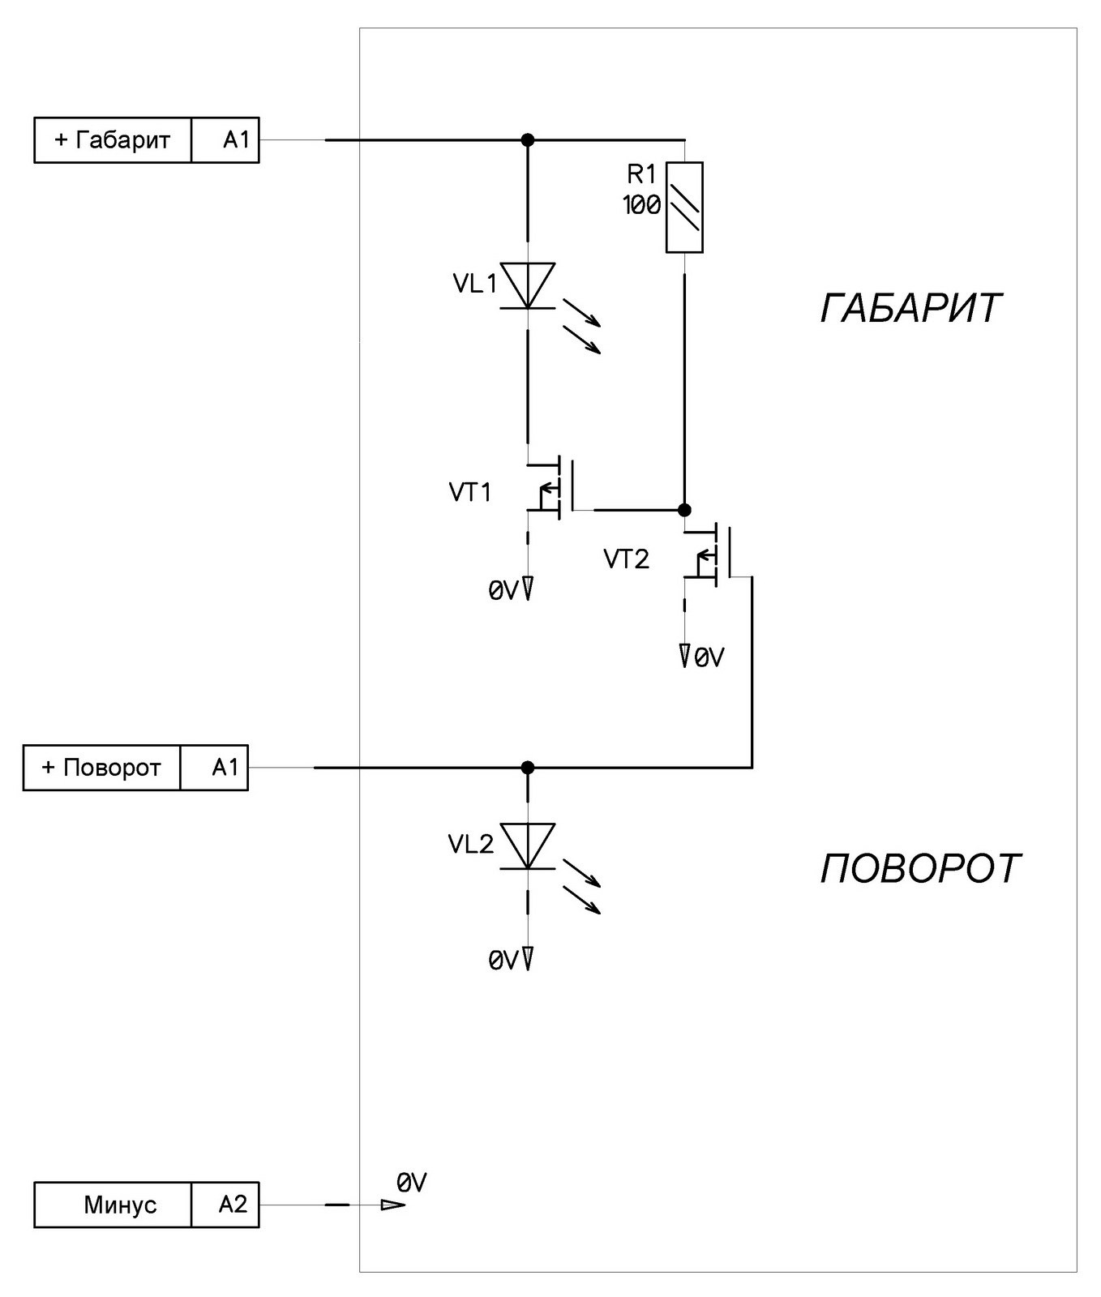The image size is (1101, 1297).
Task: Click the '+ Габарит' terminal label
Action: [113, 140]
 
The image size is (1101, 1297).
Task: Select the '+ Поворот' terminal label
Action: [101, 768]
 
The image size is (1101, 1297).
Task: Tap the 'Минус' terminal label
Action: [120, 1205]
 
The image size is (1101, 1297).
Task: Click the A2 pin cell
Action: [233, 1205]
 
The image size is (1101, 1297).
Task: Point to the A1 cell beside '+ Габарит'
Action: [237, 140]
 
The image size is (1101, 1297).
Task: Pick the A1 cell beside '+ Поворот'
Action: [225, 768]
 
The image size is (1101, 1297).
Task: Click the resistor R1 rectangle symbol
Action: [684, 208]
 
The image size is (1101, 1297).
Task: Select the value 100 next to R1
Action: [641, 206]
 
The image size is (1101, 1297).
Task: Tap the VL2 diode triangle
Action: [528, 845]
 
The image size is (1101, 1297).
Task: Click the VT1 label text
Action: [470, 492]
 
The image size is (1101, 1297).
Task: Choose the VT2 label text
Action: [626, 559]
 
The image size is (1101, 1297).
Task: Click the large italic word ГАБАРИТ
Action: [911, 308]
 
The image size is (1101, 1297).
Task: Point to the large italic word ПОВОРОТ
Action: [920, 869]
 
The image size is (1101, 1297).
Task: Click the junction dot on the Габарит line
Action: [528, 140]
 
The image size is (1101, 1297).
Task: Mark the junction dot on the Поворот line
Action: [528, 767]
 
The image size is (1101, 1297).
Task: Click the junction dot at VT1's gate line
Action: [684, 510]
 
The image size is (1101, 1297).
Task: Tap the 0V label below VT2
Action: [709, 657]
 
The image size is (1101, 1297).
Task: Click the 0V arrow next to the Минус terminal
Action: [393, 1205]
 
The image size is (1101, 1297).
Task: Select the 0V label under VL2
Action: [503, 961]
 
